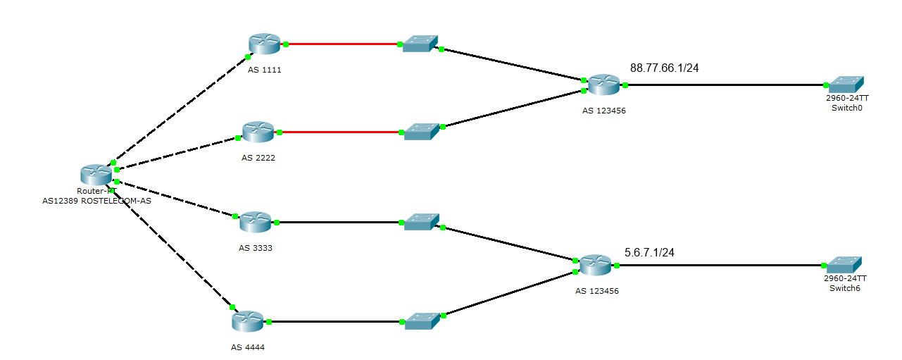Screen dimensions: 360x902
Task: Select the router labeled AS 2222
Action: click(x=258, y=132)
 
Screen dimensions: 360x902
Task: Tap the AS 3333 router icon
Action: click(x=255, y=222)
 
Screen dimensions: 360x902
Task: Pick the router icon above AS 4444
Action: click(x=247, y=322)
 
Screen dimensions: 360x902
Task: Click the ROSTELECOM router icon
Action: click(x=96, y=174)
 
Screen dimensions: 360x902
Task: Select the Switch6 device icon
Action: click(x=842, y=266)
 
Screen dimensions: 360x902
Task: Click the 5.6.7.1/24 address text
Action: click(x=649, y=252)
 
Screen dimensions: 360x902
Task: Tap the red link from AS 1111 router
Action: click(x=343, y=44)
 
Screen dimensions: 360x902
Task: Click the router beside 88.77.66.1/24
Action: click(x=604, y=85)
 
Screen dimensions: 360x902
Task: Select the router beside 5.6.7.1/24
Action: click(x=596, y=266)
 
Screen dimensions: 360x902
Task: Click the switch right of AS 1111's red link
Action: click(x=420, y=44)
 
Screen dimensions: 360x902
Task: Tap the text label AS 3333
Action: click(x=255, y=248)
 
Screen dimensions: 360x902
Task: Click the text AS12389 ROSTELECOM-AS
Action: click(x=96, y=200)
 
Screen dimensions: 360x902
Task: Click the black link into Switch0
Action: click(x=725, y=85)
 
